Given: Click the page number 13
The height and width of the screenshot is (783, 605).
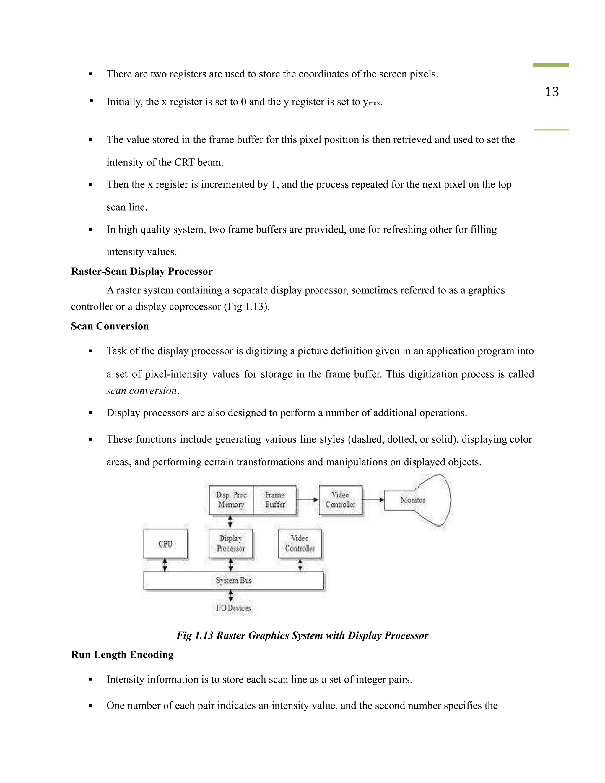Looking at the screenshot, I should coord(551,92).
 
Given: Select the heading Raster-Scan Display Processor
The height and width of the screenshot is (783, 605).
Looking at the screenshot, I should coord(142,272).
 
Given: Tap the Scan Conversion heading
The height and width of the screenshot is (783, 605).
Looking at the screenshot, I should coord(110,326).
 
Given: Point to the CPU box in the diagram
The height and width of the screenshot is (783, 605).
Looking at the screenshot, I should coord(165,544).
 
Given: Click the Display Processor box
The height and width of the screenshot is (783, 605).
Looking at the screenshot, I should coord(231,543).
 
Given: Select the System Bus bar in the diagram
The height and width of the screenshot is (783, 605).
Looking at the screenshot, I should coord(233,580).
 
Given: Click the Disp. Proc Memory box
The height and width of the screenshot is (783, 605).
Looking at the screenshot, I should coord(231,500).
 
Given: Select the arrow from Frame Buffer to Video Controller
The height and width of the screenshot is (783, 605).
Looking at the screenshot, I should coord(308,500).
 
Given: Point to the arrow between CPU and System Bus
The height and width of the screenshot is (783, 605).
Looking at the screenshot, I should coord(165,565).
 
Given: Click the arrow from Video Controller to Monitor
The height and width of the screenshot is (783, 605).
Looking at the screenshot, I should coord(373,500).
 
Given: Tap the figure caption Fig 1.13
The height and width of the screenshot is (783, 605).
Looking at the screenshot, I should coord(302,635).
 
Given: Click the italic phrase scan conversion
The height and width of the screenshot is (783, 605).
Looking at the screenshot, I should coord(142,390).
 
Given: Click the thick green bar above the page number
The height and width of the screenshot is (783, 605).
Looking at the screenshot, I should coord(551,65).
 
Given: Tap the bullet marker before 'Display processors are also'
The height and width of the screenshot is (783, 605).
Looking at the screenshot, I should coord(91,413).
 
